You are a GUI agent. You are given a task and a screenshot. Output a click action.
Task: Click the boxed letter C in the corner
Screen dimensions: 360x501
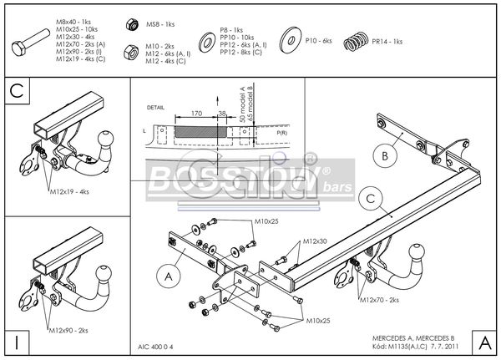(x=17, y=90)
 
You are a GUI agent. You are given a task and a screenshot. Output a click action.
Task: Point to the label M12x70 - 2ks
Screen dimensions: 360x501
(x=383, y=298)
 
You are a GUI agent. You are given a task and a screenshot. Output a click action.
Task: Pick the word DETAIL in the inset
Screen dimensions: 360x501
(x=155, y=107)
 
